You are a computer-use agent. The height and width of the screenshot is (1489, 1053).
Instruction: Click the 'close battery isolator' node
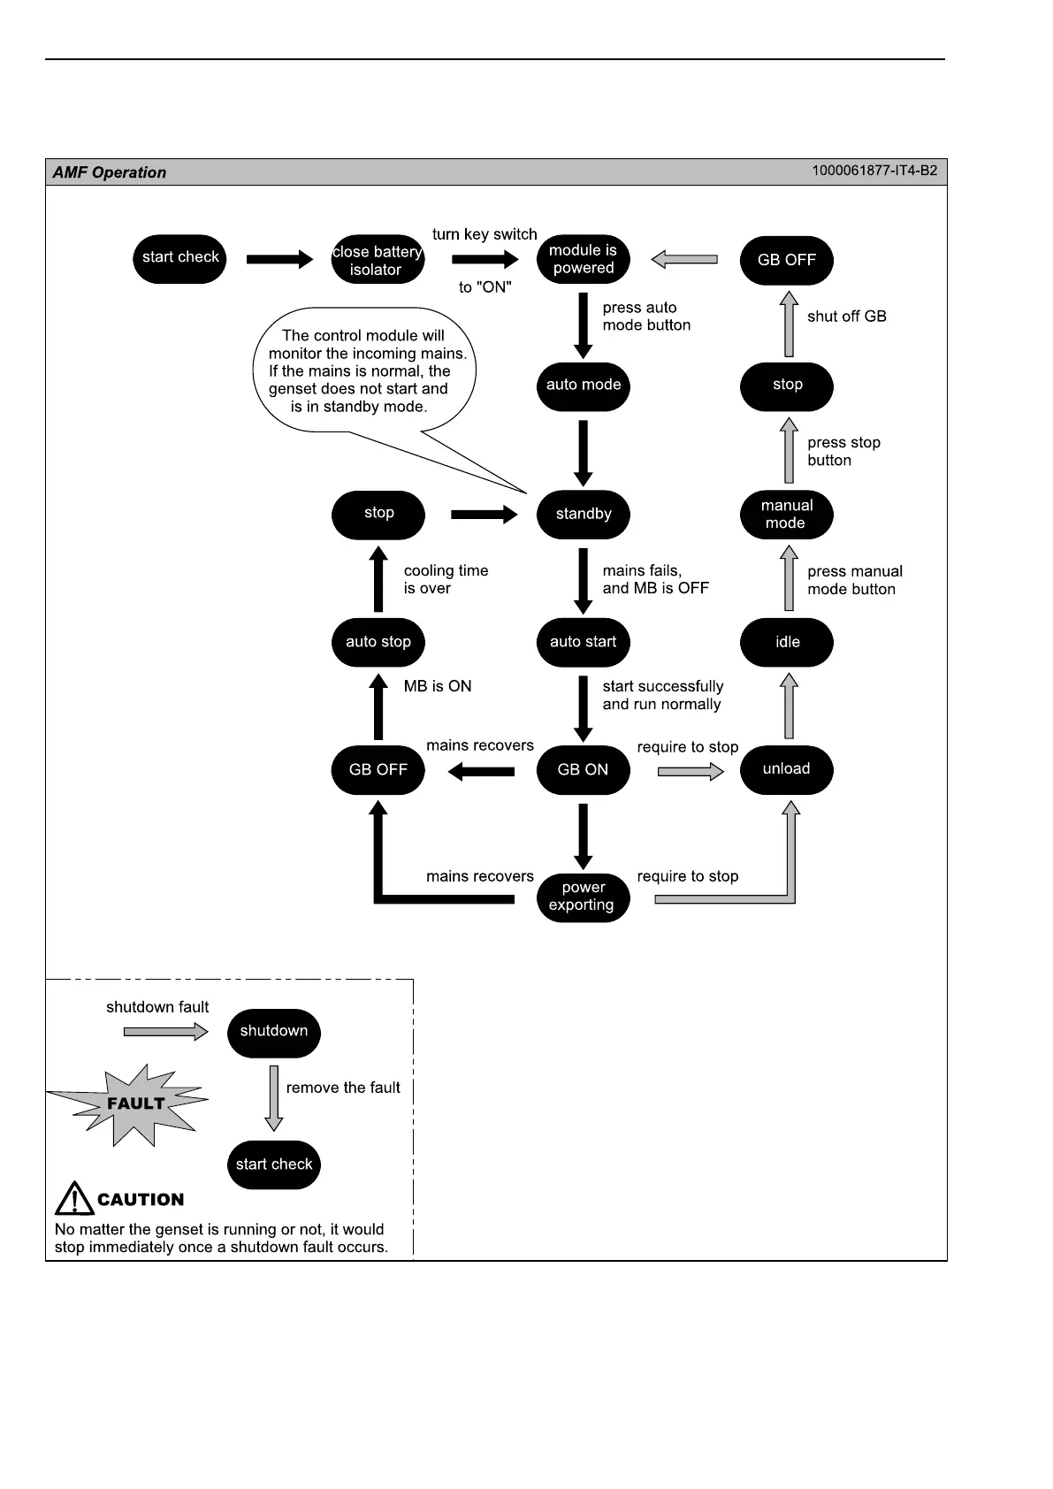click(x=377, y=260)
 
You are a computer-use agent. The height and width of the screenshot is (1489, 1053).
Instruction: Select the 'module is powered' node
click(x=583, y=259)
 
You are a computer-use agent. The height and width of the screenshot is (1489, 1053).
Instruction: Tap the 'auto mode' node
click(x=583, y=386)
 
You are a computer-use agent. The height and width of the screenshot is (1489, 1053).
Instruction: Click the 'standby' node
click(x=583, y=514)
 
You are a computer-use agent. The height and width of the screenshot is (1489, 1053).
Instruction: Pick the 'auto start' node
click(x=583, y=642)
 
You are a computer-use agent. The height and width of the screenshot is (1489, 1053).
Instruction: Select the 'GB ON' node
click(x=583, y=769)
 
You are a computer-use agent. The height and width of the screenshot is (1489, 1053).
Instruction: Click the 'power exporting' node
click(x=583, y=897)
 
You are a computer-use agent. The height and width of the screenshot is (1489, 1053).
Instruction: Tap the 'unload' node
click(x=786, y=769)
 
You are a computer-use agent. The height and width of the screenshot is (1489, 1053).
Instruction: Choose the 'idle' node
click(x=786, y=642)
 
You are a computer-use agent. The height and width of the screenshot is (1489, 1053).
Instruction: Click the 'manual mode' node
click(x=786, y=514)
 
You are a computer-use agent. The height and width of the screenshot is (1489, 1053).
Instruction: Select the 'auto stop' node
click(x=378, y=642)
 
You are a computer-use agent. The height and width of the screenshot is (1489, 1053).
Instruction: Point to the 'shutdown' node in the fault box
click(x=273, y=1032)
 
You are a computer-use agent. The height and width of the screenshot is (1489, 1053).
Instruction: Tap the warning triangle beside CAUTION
click(x=74, y=1199)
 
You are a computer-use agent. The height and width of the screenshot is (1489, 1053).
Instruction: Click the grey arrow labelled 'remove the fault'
click(x=274, y=1097)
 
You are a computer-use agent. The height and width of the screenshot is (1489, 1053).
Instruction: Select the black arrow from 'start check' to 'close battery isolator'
click(x=279, y=259)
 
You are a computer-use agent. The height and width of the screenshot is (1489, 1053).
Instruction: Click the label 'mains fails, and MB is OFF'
click(x=655, y=580)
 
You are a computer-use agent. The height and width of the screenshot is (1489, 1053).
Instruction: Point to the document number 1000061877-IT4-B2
click(x=874, y=171)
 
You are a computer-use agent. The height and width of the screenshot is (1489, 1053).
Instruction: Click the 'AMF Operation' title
click(x=110, y=172)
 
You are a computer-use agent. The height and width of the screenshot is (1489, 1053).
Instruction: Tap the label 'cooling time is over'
click(x=446, y=580)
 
